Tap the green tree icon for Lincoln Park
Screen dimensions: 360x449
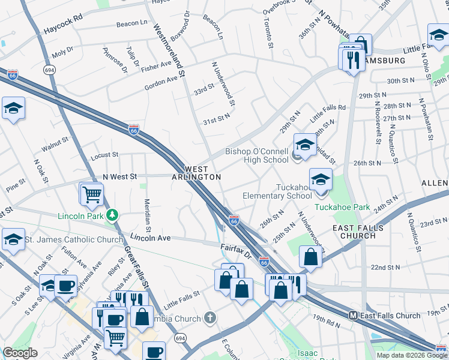pyautogui.click(x=111, y=214)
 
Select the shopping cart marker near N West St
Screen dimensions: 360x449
pyautogui.click(x=91, y=194)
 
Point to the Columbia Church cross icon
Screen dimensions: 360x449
pyautogui.click(x=209, y=317)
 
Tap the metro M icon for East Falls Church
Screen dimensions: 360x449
pyautogui.click(x=354, y=316)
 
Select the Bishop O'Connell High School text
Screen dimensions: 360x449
pyautogui.click(x=257, y=156)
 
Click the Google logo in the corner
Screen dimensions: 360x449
pyautogui.click(x=20, y=353)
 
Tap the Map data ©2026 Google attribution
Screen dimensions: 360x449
pyautogui.click(x=412, y=355)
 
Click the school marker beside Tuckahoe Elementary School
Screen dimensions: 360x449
pyautogui.click(x=321, y=179)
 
